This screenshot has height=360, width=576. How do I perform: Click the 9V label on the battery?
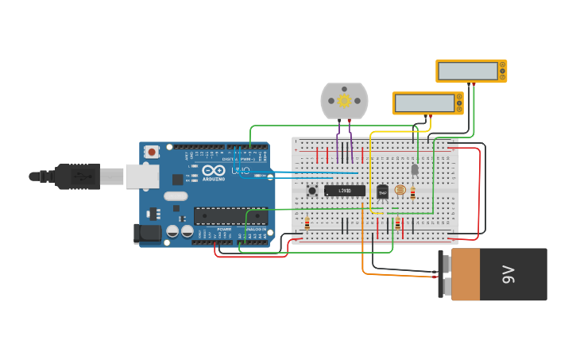point(508,275)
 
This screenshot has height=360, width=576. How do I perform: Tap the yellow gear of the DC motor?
point(344,101)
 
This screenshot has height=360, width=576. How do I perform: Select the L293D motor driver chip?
point(345,191)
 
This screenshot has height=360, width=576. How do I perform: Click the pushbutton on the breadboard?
point(312,191)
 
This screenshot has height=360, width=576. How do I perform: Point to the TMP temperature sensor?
point(382,191)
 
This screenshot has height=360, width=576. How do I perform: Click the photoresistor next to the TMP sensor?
point(400,191)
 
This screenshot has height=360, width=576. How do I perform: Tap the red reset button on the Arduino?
point(151,150)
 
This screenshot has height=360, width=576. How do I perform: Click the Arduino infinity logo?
point(213,171)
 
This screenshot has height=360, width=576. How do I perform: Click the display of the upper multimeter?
point(468,71)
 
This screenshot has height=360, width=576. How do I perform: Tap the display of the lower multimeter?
point(424,103)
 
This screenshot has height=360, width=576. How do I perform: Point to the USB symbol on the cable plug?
point(79,176)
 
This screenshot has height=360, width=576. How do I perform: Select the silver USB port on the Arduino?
point(141,176)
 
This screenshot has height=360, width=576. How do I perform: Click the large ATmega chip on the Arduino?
point(230,216)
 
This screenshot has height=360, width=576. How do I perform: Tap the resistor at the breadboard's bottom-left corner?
point(307,224)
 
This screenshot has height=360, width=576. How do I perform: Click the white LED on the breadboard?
point(415,169)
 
